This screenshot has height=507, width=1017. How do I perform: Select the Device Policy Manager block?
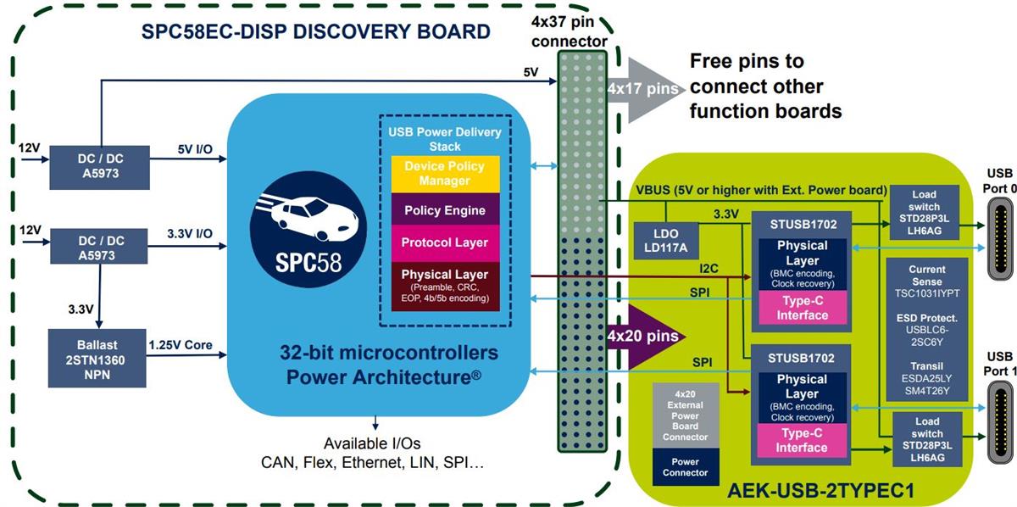click(444, 173)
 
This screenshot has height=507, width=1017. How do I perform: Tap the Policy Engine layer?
click(444, 210)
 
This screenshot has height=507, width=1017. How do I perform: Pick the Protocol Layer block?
click(444, 242)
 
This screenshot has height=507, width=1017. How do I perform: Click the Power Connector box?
click(686, 466)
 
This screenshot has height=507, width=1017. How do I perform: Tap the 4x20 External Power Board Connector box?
click(686, 416)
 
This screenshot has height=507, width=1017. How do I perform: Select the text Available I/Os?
click(371, 443)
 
